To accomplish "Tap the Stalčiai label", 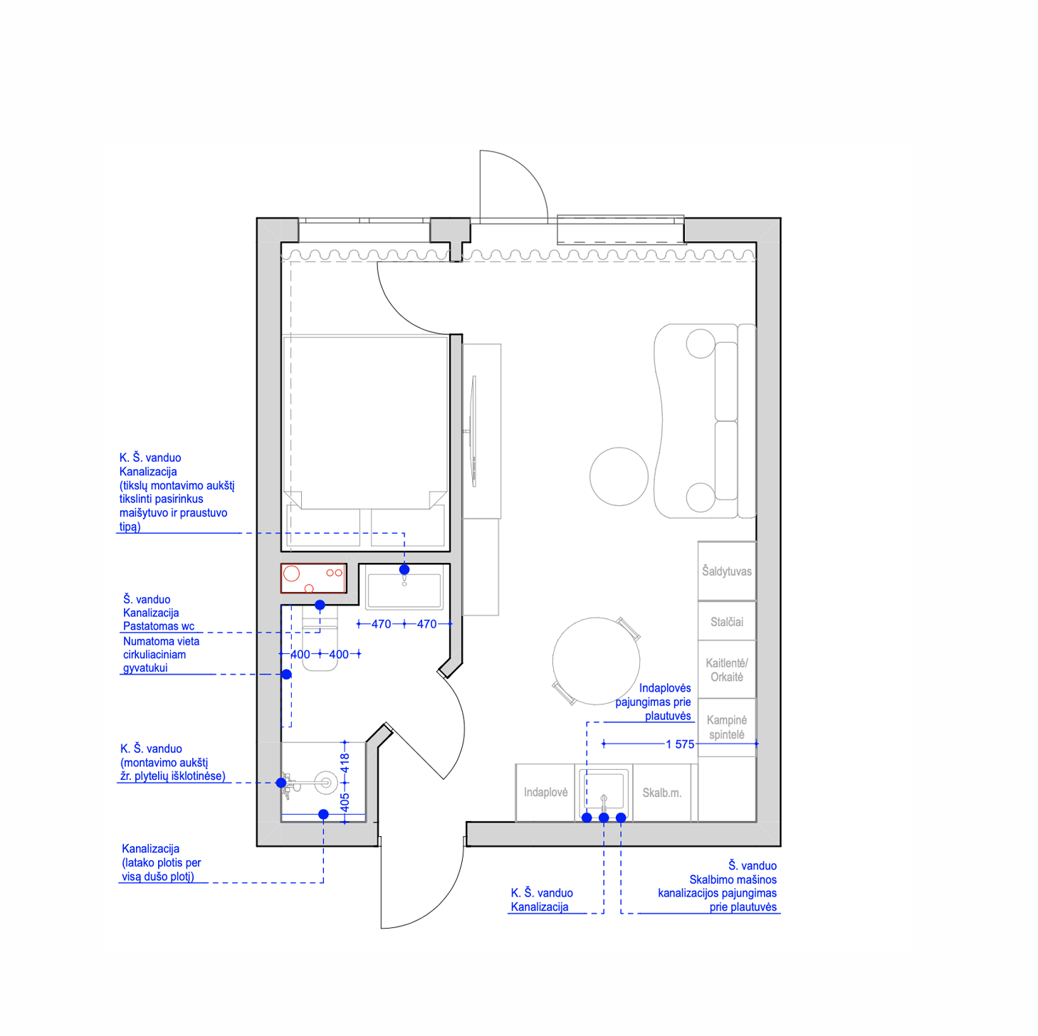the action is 726,622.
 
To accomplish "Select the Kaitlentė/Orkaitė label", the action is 726,670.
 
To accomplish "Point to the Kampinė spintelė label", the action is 726,727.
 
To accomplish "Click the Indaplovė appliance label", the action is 545,792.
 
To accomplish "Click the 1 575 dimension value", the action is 679,744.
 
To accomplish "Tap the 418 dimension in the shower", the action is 345,763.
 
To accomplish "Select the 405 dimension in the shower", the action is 345,803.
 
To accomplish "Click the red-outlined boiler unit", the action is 313,578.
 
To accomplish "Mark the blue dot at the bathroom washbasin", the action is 404,569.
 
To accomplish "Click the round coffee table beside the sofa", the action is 618,476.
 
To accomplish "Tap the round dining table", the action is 596,661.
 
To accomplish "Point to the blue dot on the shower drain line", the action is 323,814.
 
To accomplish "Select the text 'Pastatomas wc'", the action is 158,625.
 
